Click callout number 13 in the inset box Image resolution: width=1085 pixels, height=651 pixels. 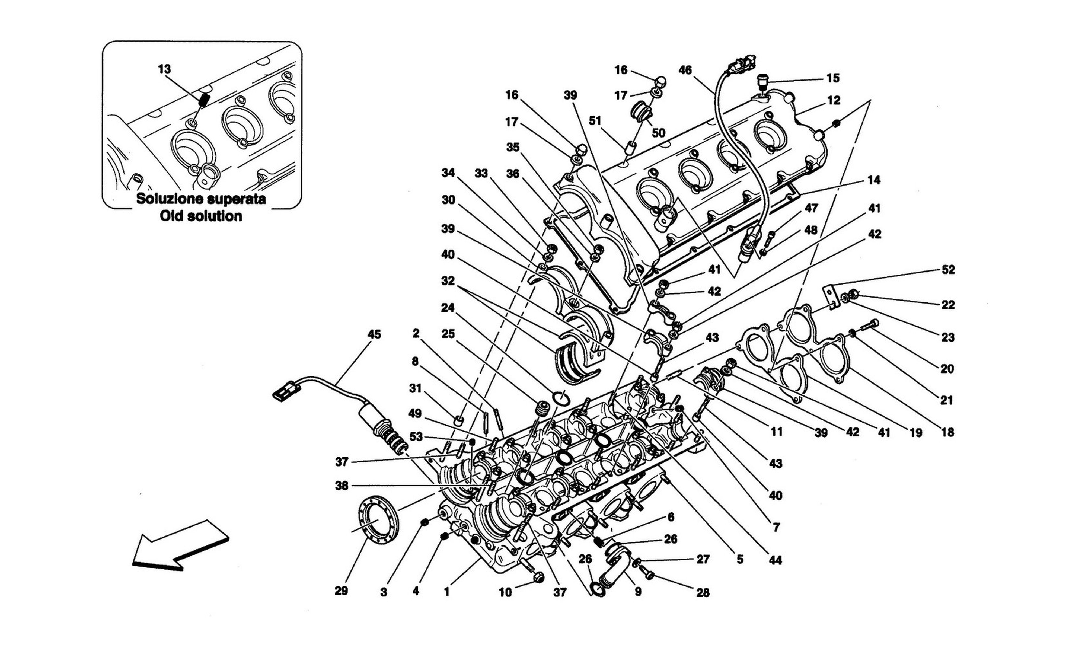click(x=164, y=69)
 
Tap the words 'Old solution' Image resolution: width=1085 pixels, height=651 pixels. click(x=201, y=216)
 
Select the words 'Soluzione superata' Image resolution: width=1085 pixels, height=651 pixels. click(x=201, y=199)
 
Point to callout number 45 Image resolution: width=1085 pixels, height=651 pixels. click(x=374, y=335)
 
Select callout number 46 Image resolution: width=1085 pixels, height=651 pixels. click(x=685, y=70)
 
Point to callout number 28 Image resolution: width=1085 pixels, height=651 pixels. click(x=703, y=593)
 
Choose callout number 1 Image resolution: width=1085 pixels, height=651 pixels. click(x=446, y=592)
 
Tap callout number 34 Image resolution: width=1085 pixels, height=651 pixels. click(x=448, y=173)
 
